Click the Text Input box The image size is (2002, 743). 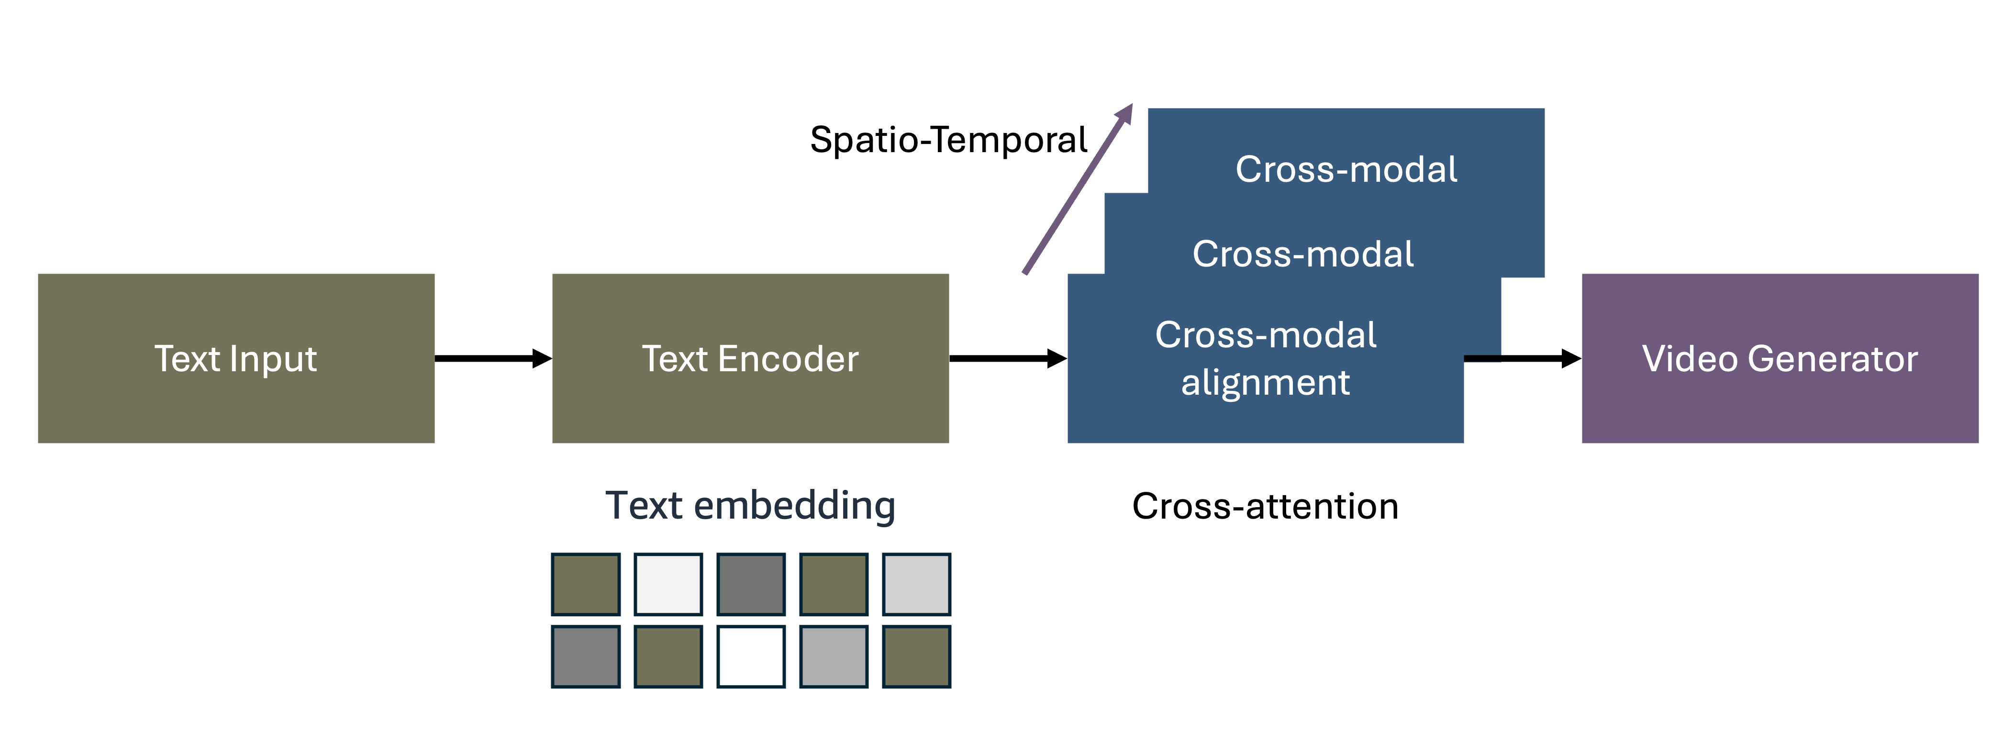[235, 358]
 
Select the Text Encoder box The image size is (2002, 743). [750, 358]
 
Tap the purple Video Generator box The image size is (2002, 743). [1780, 358]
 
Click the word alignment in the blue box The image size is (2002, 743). [1265, 382]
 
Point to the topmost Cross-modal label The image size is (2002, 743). [1346, 169]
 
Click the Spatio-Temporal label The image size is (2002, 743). [948, 140]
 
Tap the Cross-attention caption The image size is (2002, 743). [1265, 506]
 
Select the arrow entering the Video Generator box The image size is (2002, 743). [1523, 358]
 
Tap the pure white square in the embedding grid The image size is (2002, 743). [751, 657]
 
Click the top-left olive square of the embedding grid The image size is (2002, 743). [586, 585]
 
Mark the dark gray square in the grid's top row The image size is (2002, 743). [751, 585]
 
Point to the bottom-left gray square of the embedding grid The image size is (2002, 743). [586, 657]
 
